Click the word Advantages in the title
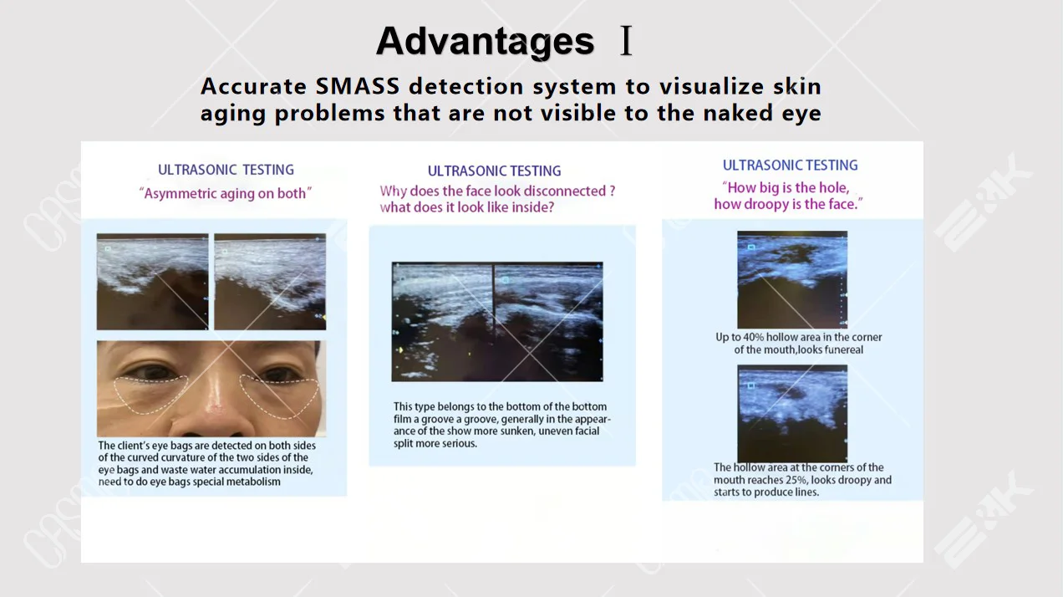point(485,42)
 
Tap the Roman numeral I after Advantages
point(627,41)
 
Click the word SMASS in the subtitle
point(358,86)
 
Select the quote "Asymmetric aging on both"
point(226,194)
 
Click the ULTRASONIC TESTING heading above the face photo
point(226,170)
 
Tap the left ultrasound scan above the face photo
point(152,282)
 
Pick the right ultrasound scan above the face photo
point(270,282)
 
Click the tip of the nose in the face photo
point(215,410)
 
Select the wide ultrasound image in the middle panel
point(497,322)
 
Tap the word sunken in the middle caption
point(518,431)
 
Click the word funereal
point(844,350)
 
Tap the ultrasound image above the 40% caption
point(792,280)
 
